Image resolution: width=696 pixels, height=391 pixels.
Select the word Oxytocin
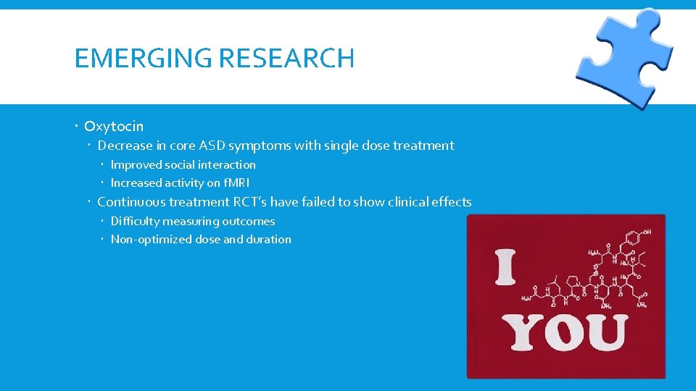(114, 126)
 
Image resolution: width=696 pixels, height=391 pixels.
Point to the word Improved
(136, 165)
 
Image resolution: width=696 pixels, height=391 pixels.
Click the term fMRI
(236, 183)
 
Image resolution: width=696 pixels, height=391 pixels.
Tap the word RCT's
(248, 202)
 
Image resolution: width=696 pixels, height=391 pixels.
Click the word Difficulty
(135, 222)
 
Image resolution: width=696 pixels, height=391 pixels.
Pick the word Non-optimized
(152, 240)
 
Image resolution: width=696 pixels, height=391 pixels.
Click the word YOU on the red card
(565, 332)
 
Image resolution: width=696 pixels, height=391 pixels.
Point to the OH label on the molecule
(646, 233)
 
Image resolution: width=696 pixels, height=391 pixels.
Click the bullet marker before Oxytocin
(77, 127)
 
